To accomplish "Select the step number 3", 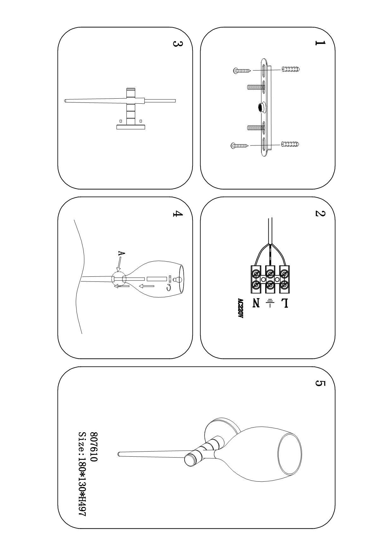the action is click(x=177, y=43).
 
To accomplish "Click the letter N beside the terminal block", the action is click(x=256, y=303).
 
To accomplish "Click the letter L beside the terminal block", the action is click(x=284, y=303).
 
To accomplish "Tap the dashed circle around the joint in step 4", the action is click(x=119, y=279).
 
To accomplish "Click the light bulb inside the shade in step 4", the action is click(x=178, y=280).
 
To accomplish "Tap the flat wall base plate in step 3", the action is click(x=131, y=127).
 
